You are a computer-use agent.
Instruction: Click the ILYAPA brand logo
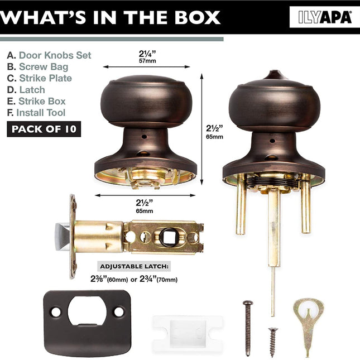[325, 17]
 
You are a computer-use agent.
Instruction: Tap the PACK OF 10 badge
[44, 129]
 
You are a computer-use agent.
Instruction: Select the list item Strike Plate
[40, 78]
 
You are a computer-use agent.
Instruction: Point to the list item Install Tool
[36, 113]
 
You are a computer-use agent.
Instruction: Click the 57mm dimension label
[147, 61]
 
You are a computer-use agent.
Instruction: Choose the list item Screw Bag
[37, 66]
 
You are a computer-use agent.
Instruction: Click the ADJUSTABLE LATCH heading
[134, 266]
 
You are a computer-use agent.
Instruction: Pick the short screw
[273, 342]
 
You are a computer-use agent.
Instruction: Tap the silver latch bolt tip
[62, 237]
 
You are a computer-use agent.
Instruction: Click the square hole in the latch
[169, 237]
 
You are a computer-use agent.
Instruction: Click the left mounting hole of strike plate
[56, 312]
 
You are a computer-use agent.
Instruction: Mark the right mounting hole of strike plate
[119, 312]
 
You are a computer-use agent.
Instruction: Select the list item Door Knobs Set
[49, 55]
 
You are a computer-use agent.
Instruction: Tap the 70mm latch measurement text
[167, 280]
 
